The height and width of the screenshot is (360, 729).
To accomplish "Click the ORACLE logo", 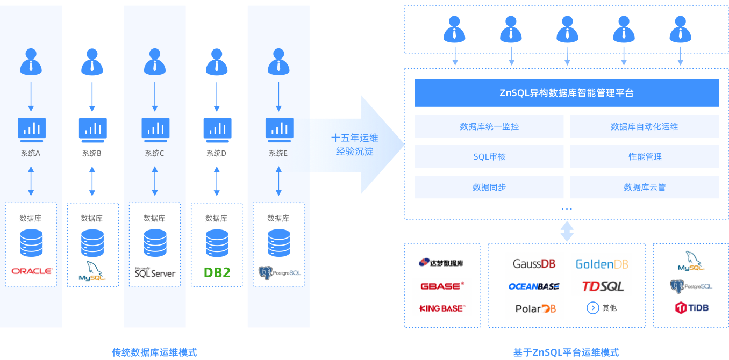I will (31, 271).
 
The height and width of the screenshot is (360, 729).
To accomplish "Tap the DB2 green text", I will (217, 272).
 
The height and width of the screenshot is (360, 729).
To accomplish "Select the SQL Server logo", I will (155, 272).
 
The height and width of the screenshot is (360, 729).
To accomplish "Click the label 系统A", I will (31, 153).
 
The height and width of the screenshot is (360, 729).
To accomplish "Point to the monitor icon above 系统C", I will (155, 128).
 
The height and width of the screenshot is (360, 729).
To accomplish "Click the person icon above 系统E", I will (278, 62).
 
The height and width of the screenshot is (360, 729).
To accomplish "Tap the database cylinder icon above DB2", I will (217, 243).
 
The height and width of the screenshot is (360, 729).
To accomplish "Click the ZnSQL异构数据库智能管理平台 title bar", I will (567, 93).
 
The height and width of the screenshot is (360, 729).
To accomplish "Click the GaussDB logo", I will (534, 264).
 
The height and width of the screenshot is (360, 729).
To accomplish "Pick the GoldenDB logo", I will (602, 264).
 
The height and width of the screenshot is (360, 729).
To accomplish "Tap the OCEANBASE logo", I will (534, 286).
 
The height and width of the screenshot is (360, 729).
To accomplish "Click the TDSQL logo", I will (603, 286).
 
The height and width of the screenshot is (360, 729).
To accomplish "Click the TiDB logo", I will (691, 308).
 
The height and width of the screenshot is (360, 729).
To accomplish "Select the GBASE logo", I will (442, 286).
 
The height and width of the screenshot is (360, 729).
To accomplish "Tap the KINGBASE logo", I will (442, 308).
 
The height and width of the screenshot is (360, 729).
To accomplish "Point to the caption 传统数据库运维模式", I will (154, 352).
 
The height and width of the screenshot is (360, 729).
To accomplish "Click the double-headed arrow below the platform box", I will (567, 232).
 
